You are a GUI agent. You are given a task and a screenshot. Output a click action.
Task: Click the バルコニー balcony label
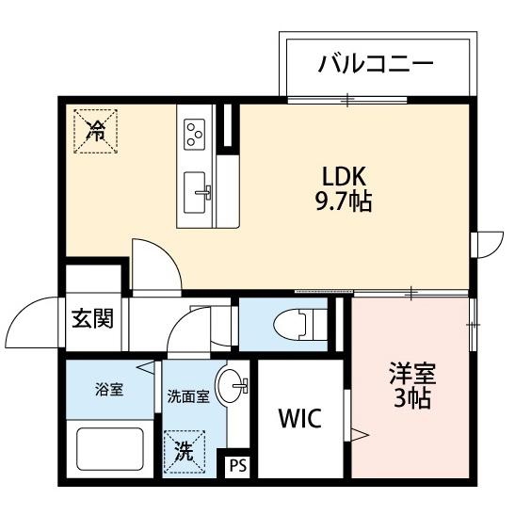coord(376,63)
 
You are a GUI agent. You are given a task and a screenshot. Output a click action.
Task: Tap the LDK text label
coord(344,177)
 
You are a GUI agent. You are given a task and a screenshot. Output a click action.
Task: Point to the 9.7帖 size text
coord(344,201)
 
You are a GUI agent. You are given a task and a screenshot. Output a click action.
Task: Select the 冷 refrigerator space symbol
coord(96,131)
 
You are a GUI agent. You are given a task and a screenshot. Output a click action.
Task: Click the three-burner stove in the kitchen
coord(195,135)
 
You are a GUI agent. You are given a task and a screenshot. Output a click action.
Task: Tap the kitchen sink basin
coord(195,192)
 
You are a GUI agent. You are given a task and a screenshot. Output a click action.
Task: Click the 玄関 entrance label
coord(92,318)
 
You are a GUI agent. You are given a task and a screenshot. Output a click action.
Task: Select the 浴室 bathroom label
coord(109,390)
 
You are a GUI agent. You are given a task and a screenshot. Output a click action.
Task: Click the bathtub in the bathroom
coord(110,449)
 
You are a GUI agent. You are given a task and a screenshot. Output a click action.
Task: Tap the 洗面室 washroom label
coord(188,396)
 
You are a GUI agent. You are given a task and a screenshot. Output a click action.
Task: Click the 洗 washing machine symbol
coord(184,452)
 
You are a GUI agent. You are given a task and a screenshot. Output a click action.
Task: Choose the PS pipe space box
coord(237,466)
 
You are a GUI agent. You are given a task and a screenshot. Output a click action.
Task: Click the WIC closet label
coord(300,418)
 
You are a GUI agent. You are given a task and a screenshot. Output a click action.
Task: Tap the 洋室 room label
coord(412,373)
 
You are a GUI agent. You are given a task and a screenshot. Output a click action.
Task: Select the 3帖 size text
coord(412,397)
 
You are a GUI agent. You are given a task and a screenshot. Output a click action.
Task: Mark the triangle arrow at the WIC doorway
coord(360,436)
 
